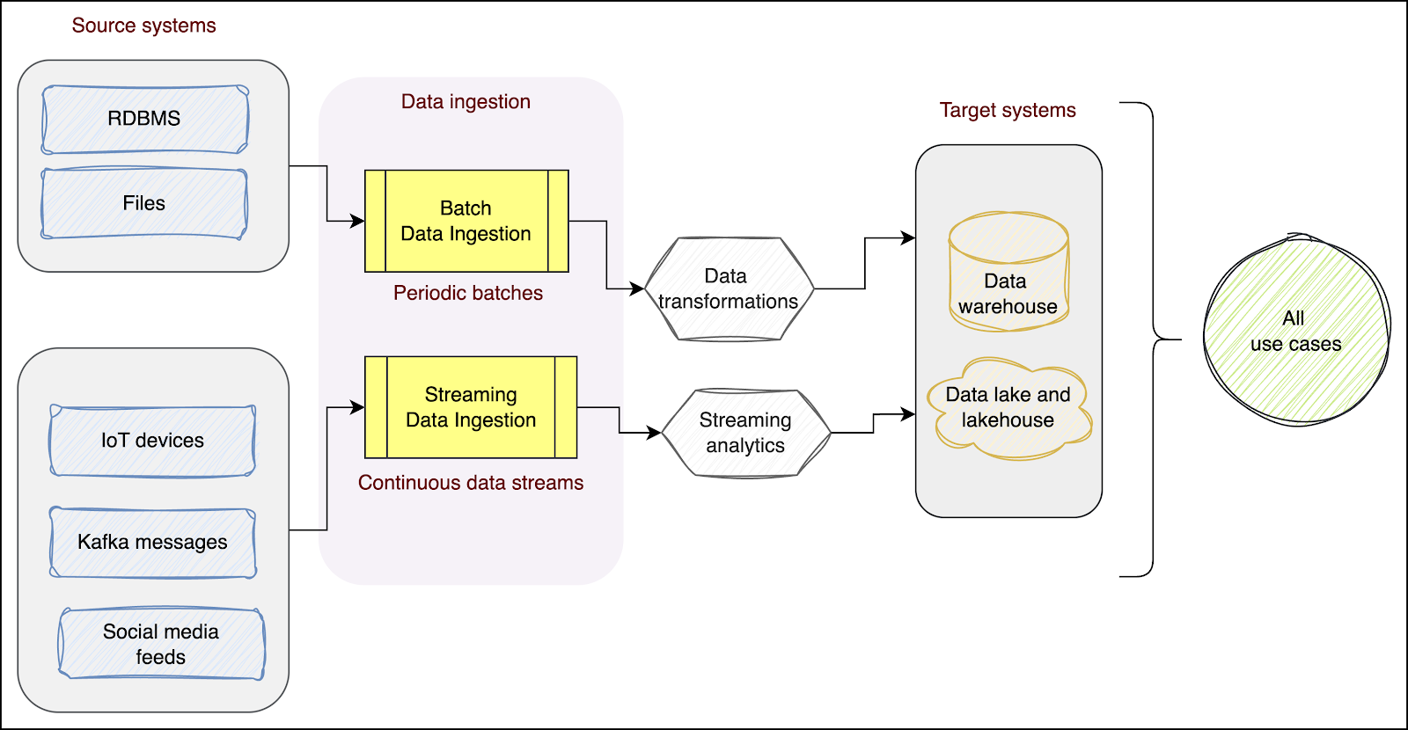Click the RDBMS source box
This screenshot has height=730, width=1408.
pos(145,119)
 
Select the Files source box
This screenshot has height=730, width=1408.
pos(144,203)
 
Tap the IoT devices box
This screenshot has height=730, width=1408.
pos(152,441)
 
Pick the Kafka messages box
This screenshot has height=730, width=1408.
pos(152,542)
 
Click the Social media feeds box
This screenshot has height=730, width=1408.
pos(161,644)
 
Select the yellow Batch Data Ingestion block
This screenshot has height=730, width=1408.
pos(466,221)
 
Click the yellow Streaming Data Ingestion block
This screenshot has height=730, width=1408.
pos(471,407)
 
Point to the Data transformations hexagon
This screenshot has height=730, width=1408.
pos(728,288)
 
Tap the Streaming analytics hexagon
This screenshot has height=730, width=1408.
pos(745,433)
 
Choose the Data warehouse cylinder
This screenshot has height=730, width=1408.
pos(1008,272)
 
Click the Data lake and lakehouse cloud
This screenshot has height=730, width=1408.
pos(1008,408)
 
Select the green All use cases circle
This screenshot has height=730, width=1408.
pos(1295,331)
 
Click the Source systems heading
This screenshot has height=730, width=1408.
pos(143,26)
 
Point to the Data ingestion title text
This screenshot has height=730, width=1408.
pos(466,101)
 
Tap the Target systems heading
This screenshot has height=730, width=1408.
pos(1008,110)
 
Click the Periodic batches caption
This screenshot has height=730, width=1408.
pos(467,293)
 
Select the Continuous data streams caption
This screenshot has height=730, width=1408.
pos(471,483)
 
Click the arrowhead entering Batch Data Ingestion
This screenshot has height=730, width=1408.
pos(357,221)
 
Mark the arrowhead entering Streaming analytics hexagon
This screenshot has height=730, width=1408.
pos(654,433)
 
